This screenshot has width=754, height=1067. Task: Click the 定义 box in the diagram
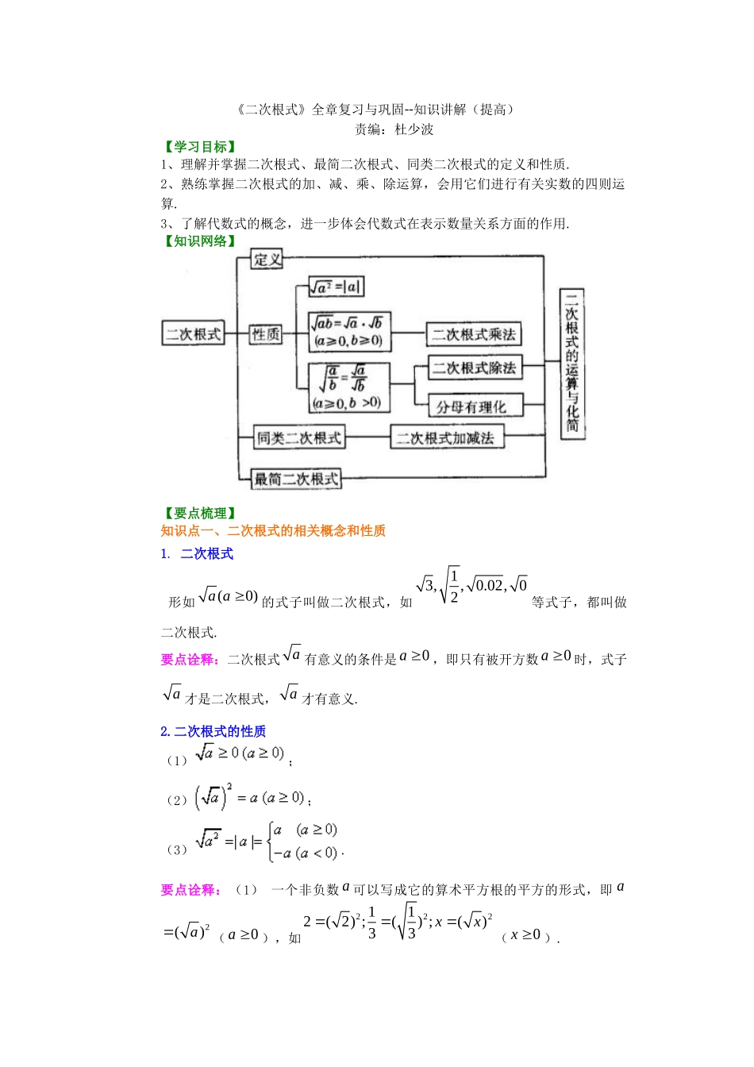267,260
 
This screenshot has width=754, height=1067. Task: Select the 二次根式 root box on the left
193,333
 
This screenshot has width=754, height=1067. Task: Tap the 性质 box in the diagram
266,334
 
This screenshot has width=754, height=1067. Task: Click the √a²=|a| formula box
336,287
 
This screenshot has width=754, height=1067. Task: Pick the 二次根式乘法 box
474,334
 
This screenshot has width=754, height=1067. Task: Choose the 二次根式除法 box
475,368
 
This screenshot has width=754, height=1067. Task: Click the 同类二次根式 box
298,437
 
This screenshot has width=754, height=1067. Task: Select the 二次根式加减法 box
446,437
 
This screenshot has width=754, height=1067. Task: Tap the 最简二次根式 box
296,478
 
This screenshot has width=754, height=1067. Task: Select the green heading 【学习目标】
199,147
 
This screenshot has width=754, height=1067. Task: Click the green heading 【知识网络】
199,241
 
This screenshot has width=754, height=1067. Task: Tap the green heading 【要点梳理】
199,514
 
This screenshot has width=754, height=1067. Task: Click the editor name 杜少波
414,129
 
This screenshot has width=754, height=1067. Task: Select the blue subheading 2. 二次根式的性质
213,731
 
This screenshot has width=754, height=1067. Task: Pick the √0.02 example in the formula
486,586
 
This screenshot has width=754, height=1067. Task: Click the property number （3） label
176,849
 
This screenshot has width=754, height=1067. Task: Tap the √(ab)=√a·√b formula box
349,332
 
